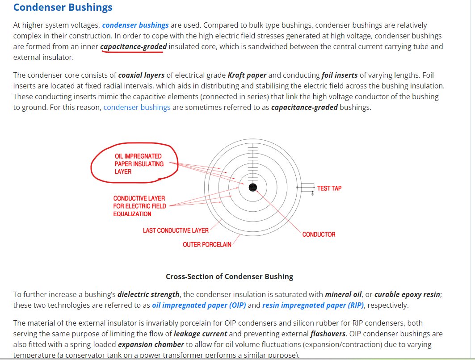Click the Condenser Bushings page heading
(x=63, y=8)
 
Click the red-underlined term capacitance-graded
(x=133, y=47)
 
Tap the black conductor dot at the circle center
(x=253, y=187)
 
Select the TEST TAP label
(x=329, y=188)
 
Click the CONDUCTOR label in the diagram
(x=319, y=234)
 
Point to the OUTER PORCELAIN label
(x=207, y=245)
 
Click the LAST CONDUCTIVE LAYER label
(x=176, y=230)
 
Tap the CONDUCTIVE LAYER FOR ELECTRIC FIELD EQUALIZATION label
(x=139, y=206)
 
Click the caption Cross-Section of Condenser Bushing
(x=229, y=276)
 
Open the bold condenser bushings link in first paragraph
(x=135, y=25)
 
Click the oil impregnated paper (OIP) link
(x=199, y=306)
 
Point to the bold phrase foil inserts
(x=340, y=75)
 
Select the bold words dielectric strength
(x=148, y=295)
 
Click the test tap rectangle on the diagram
(x=307, y=188)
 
